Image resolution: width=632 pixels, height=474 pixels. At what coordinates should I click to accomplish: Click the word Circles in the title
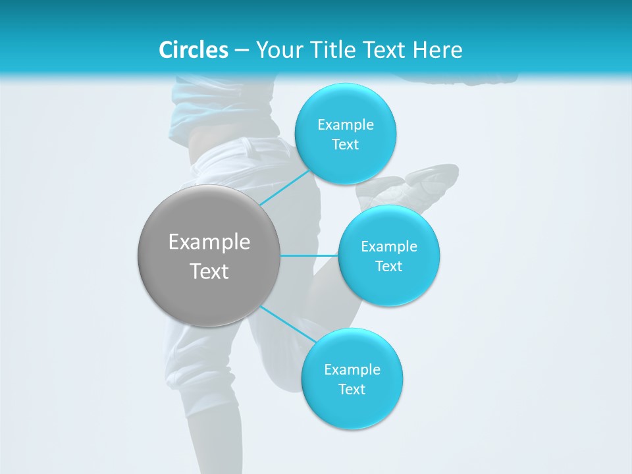click(193, 50)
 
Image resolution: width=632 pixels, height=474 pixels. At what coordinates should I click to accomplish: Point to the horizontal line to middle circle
click(309, 255)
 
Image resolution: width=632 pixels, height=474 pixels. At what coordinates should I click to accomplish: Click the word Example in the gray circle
click(209, 242)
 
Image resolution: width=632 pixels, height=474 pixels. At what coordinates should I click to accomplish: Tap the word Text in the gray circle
click(209, 271)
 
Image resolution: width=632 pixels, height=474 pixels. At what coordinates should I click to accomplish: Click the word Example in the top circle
click(345, 125)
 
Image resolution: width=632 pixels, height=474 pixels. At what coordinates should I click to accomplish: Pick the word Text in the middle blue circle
click(388, 267)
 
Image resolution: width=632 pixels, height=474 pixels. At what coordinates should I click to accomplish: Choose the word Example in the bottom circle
click(352, 370)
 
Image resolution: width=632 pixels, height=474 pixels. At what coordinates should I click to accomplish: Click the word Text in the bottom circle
click(352, 390)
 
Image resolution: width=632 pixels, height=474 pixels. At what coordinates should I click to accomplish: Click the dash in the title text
click(241, 51)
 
